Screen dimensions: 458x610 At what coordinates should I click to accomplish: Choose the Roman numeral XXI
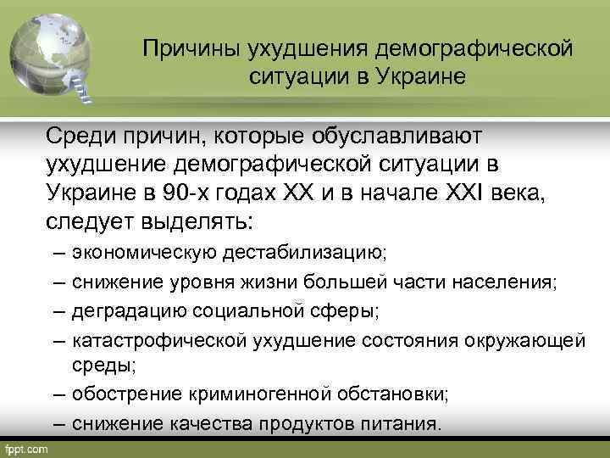pos(465,193)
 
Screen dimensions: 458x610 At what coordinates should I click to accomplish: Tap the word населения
pos(511,282)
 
